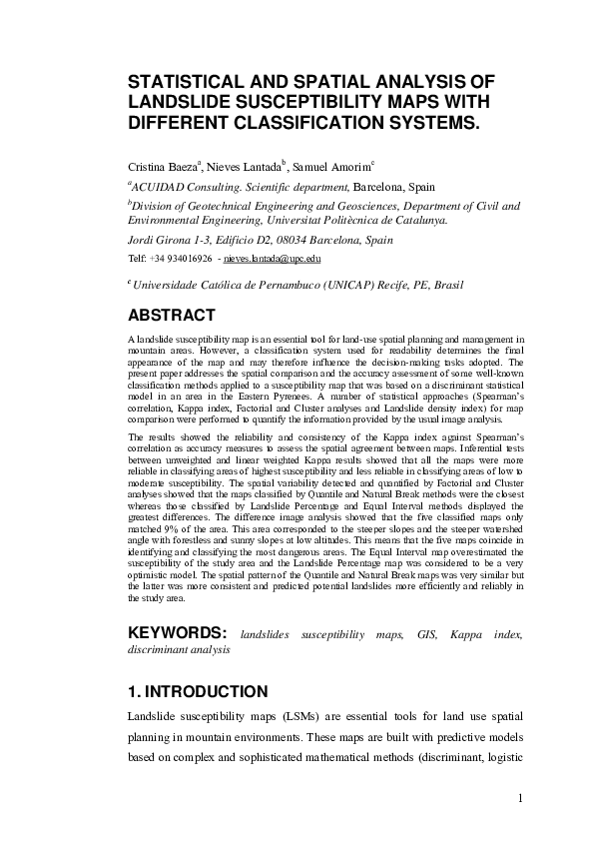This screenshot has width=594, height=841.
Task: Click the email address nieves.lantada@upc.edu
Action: [x=273, y=258]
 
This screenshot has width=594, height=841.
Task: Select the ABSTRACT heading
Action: [x=171, y=316]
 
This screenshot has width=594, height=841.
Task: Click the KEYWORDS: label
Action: [x=177, y=633]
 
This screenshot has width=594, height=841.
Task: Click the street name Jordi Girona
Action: [x=157, y=241]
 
